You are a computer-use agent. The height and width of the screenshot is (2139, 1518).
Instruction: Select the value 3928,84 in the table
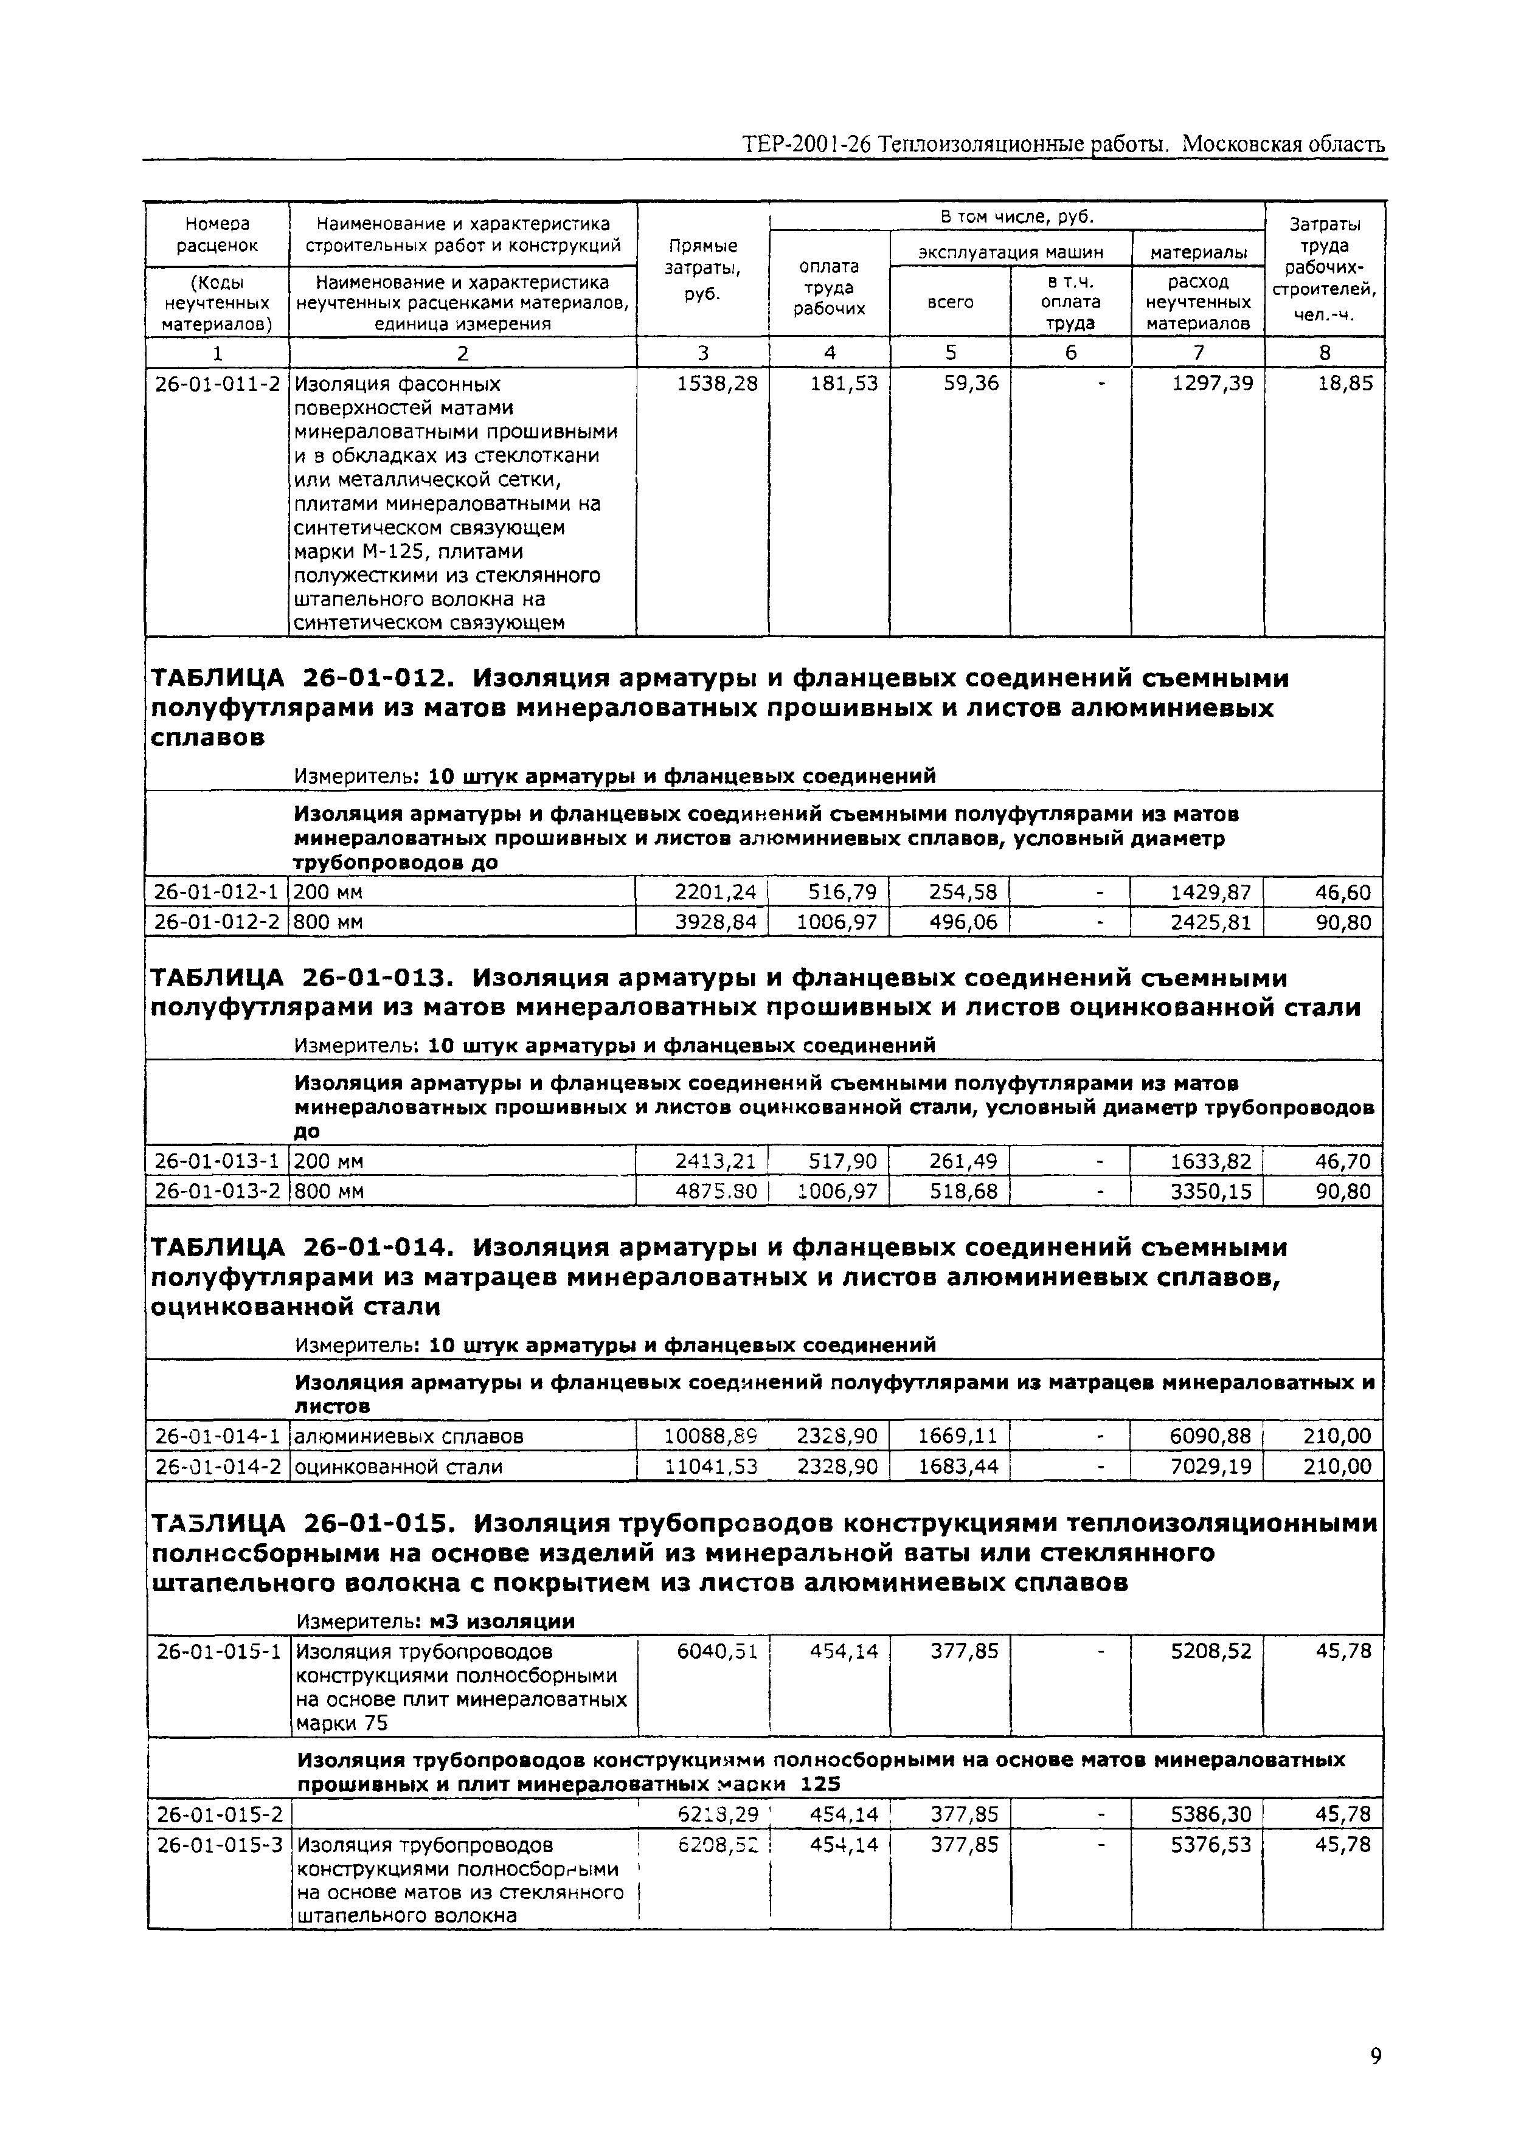pyautogui.click(x=715, y=922)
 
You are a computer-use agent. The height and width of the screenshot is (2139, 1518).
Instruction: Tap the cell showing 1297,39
pyautogui.click(x=1212, y=383)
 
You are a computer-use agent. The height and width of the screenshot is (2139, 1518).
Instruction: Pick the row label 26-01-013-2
pyautogui.click(x=216, y=1192)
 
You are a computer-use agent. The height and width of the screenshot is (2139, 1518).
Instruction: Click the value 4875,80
pyautogui.click(x=715, y=1192)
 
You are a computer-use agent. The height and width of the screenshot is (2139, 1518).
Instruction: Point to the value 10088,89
pyautogui.click(x=710, y=1436)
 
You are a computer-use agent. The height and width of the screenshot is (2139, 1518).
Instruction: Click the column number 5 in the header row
pyautogui.click(x=951, y=352)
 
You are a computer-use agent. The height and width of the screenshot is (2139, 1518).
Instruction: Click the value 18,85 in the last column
pyautogui.click(x=1345, y=383)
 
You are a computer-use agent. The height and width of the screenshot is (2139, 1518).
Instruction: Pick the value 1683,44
pyautogui.click(x=957, y=1466)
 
